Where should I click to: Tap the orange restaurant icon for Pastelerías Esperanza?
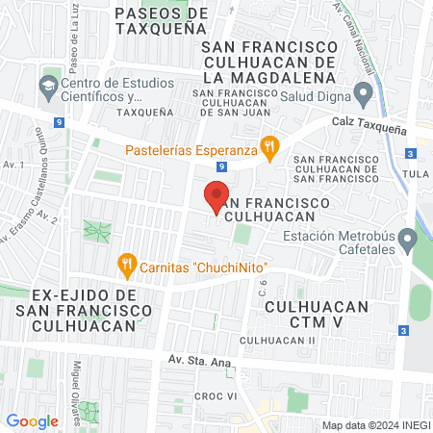272,149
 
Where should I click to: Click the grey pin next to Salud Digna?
363,95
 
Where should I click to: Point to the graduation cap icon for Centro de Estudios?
47,87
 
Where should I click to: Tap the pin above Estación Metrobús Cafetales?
409,236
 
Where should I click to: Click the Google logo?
33,420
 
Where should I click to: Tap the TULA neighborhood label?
418,174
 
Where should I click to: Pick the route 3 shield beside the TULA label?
411,153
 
